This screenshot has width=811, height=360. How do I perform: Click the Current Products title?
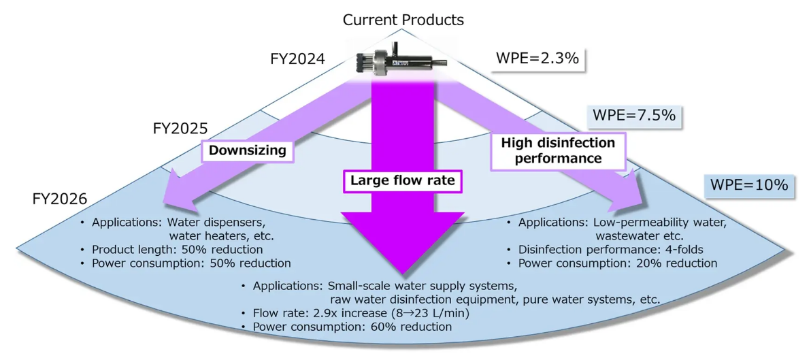coord(403,20)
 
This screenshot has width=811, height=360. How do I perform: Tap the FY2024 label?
coord(298,59)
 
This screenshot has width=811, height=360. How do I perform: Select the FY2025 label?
coord(180,128)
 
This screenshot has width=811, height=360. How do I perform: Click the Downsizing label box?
coord(247,150)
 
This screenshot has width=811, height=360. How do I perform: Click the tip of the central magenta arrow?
coord(402,275)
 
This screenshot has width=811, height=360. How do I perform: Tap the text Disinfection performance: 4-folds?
coord(611,250)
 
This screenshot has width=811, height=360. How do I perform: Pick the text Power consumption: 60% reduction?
coord(352,327)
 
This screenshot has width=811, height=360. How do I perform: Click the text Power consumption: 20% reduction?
coord(618,263)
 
